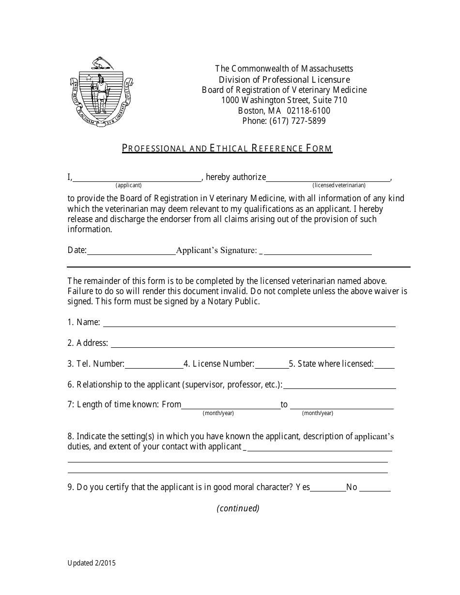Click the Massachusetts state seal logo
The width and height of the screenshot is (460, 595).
pyautogui.click(x=101, y=92)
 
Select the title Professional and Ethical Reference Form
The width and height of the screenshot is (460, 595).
pyautogui.click(x=227, y=148)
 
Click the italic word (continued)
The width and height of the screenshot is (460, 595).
pyautogui.click(x=238, y=508)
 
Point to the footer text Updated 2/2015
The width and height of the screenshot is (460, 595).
pyautogui.click(x=92, y=563)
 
